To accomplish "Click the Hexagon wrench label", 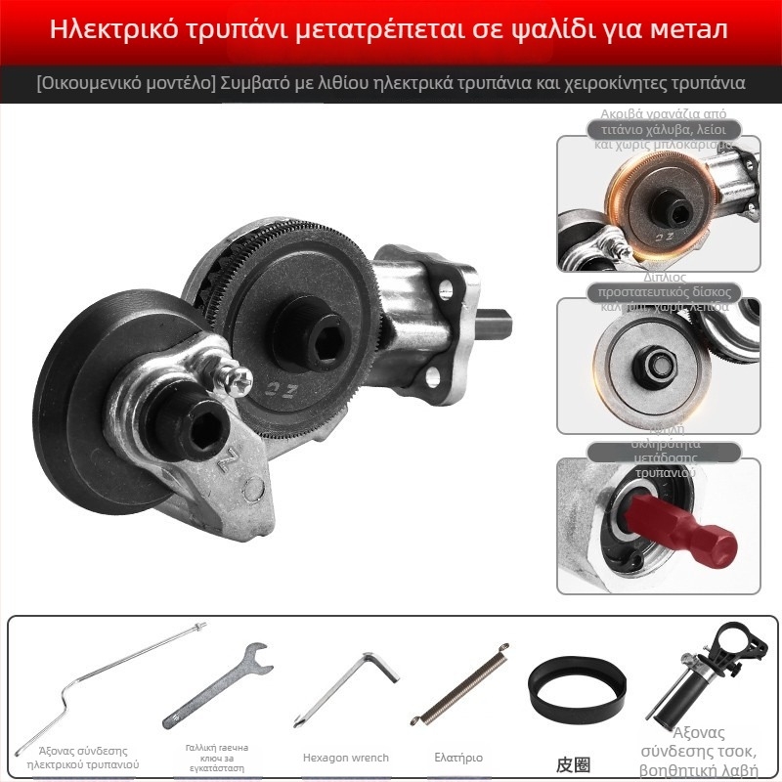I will [x=345, y=758].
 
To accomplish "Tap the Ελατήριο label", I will [x=458, y=758].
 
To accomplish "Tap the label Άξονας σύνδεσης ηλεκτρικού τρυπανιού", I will [x=82, y=757].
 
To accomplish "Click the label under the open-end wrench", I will [x=217, y=758].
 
